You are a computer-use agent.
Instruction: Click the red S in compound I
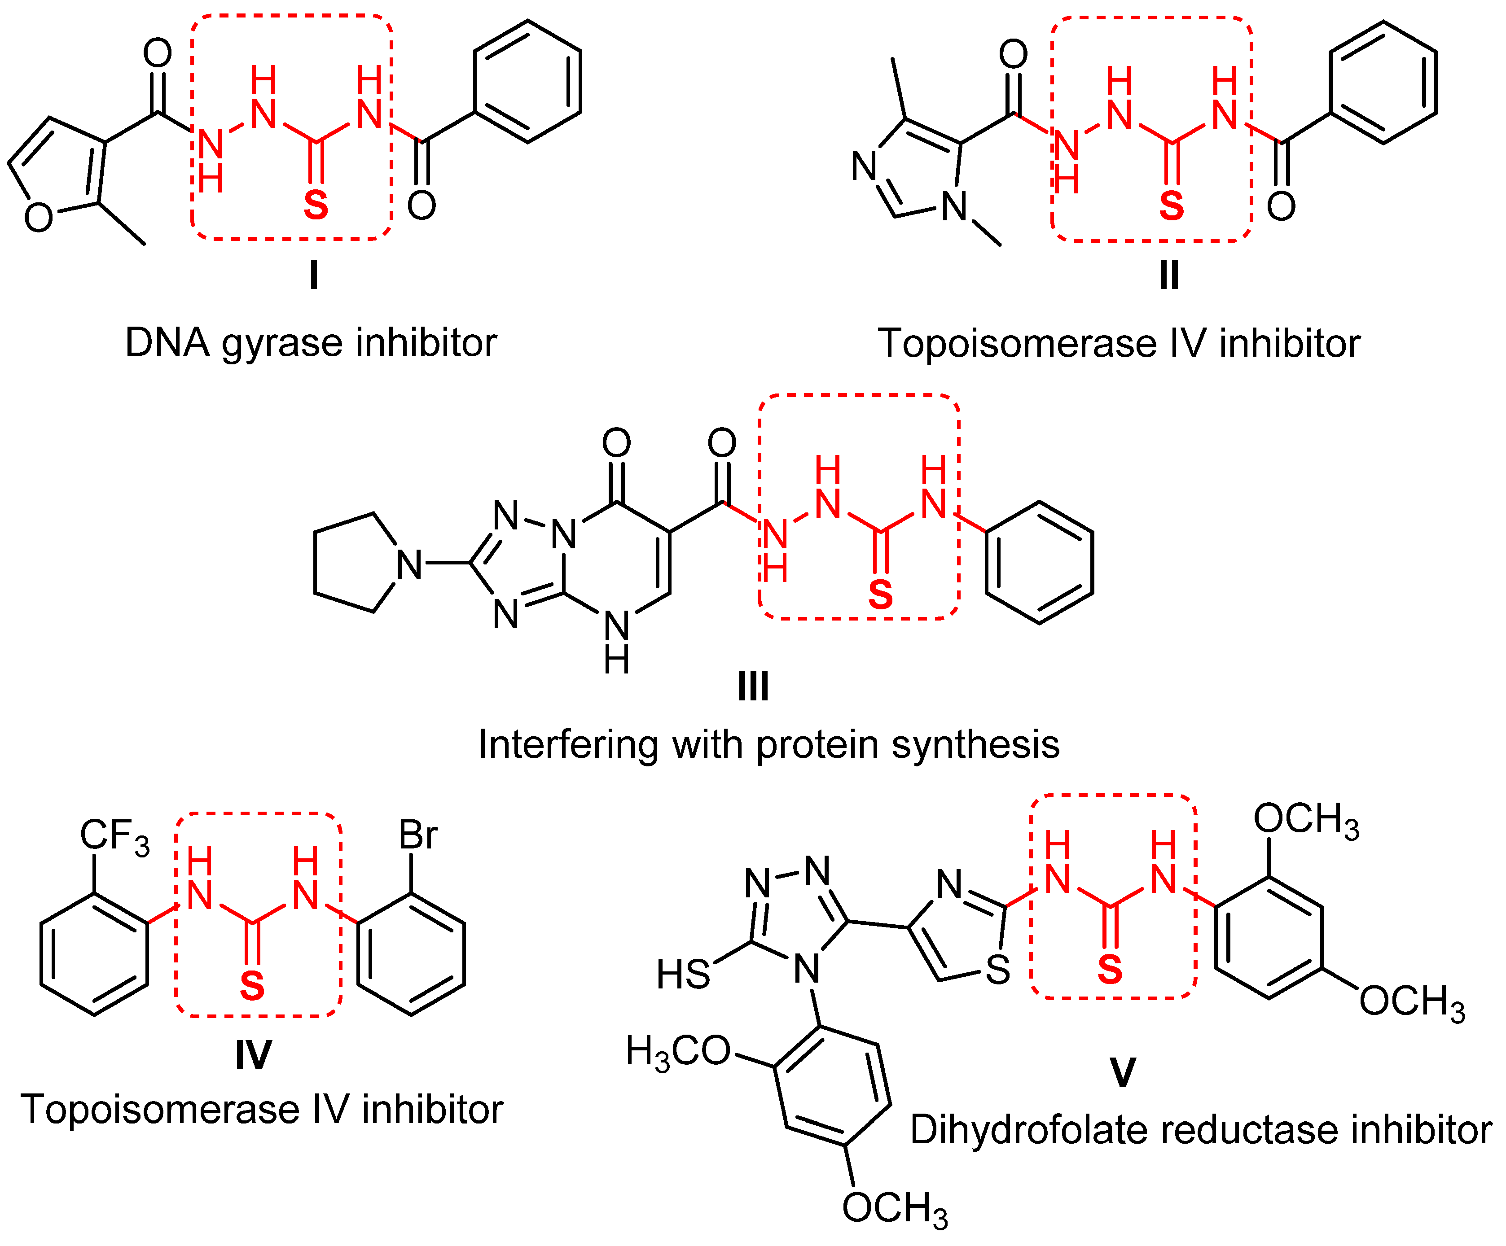[316, 206]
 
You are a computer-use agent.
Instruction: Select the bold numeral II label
[1169, 275]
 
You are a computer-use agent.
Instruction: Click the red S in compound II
[1171, 206]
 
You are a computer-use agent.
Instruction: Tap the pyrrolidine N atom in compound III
[409, 565]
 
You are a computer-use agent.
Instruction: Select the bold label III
[753, 687]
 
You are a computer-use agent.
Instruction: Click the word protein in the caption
[817, 746]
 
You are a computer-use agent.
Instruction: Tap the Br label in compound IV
[417, 835]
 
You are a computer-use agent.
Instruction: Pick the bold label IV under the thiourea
[253, 1055]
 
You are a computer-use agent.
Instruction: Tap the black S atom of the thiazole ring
[997, 971]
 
